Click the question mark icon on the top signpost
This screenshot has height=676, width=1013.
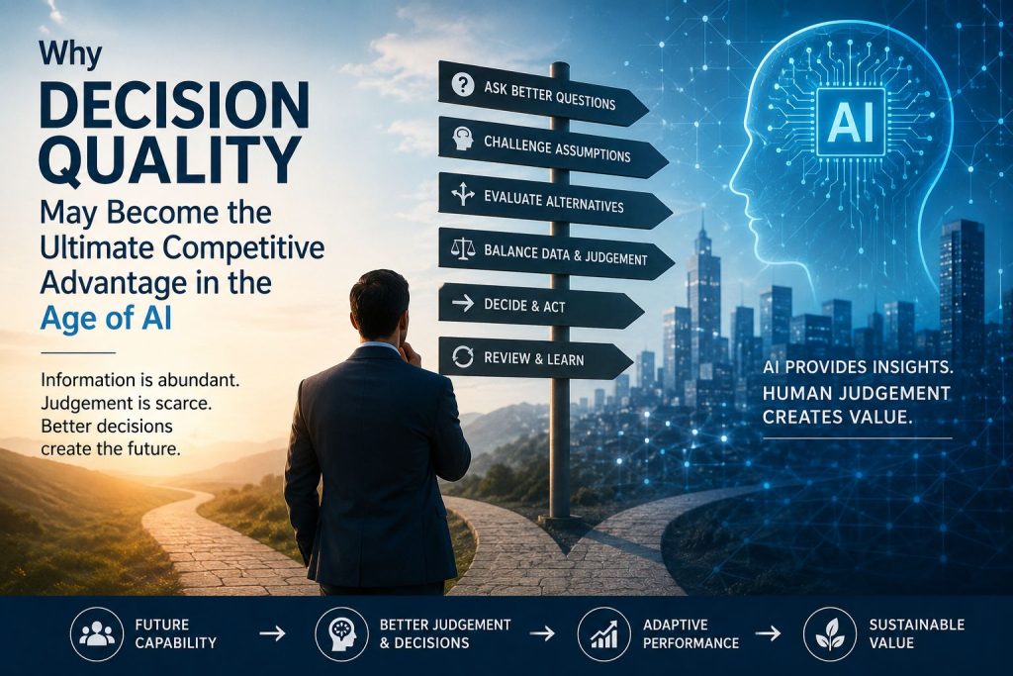(463, 85)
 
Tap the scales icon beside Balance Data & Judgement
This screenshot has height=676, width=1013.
(463, 250)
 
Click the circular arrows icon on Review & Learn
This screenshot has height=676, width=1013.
(463, 356)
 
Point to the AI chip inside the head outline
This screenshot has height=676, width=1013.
(850, 122)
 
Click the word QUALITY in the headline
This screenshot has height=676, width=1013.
(170, 159)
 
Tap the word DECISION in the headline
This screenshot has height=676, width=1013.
(174, 104)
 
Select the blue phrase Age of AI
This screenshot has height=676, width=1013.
(106, 318)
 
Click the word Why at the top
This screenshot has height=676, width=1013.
(70, 54)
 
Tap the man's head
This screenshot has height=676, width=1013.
(379, 307)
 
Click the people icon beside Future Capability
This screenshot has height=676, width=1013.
(97, 633)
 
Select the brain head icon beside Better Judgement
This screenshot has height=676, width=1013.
(341, 633)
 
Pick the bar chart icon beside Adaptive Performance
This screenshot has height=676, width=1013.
(604, 633)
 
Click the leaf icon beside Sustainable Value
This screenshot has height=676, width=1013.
(830, 633)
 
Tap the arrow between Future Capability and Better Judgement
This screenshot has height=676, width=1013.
(272, 633)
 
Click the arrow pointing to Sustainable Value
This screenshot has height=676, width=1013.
(768, 633)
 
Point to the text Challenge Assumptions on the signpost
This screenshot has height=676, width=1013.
(557, 148)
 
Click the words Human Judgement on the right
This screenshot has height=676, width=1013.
(856, 393)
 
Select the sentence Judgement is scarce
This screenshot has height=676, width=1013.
(126, 404)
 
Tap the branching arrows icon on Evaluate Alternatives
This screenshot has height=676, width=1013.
(463, 193)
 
